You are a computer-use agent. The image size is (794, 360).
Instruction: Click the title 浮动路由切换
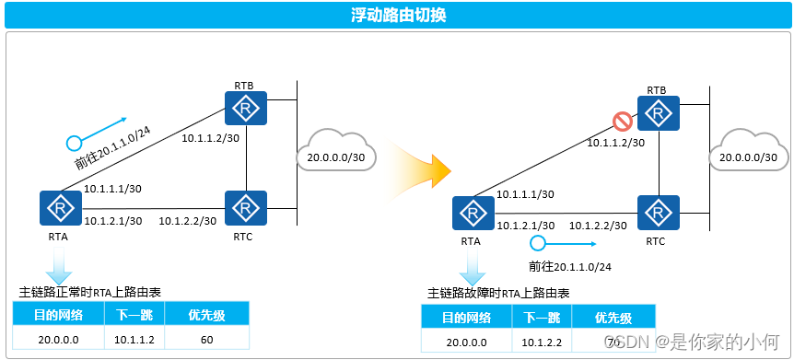tap(397, 16)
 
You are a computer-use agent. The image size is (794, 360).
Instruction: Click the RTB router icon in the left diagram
tap(246, 110)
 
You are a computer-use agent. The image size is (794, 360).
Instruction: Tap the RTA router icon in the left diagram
tap(58, 209)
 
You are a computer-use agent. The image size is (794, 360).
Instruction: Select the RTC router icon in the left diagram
tap(246, 208)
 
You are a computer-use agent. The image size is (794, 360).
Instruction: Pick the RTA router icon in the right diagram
tap(472, 215)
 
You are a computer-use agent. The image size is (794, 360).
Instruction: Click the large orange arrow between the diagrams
tap(425, 168)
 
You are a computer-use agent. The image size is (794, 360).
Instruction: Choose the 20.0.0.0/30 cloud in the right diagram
tap(748, 157)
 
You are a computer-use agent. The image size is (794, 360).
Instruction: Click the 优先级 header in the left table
tap(206, 314)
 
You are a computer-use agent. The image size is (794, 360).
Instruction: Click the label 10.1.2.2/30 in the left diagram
tap(187, 221)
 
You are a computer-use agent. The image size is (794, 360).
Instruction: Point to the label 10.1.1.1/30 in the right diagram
tap(525, 194)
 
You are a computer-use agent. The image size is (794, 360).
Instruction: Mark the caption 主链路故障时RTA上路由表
tap(498, 294)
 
